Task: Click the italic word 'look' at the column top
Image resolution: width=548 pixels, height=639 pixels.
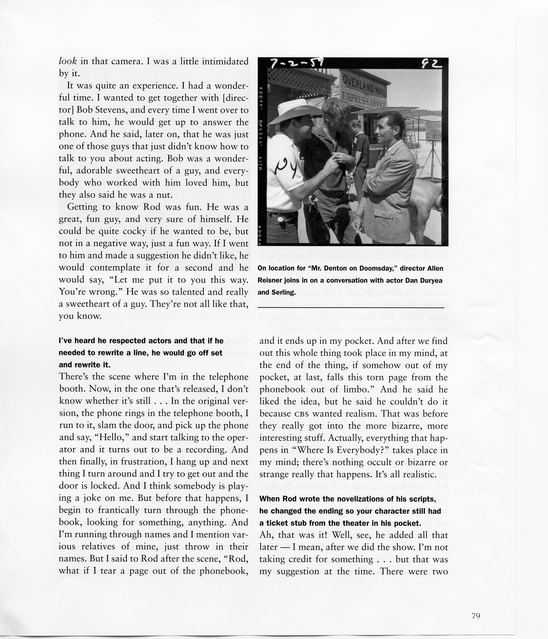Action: click(68, 61)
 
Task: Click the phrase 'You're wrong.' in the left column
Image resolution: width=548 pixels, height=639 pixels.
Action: click(82, 292)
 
